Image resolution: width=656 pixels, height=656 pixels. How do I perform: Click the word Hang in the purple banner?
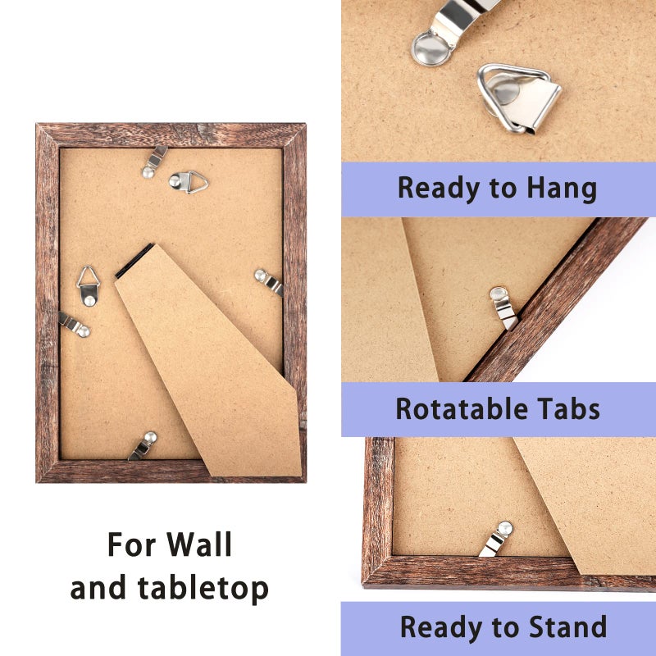pos(562,189)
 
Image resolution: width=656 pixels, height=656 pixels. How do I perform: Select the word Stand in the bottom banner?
pos(567,626)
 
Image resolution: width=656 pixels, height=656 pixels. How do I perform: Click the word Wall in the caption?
pos(199,544)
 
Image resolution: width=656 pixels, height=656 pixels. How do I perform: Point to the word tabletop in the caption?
pos(203,589)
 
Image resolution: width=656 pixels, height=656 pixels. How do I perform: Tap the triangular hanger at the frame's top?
pos(189,181)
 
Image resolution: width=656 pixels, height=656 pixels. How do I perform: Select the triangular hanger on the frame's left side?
pos(89,285)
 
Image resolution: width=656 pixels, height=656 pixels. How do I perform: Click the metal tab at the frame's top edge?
pos(154,162)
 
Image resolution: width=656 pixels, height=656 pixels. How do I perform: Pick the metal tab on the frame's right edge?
pos(269,282)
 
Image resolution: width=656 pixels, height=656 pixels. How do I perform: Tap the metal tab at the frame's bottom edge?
pos(143,446)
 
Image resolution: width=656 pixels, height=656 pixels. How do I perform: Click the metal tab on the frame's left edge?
pos(74,324)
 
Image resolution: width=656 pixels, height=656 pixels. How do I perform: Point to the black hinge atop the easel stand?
pos(134,261)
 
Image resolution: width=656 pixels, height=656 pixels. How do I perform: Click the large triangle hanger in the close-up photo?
pos(519,98)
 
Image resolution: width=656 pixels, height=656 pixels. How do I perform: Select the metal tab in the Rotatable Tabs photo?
pos(504,308)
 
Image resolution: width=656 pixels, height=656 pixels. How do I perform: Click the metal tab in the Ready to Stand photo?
pos(496,539)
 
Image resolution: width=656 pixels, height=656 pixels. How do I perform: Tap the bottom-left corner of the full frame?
pos(37,481)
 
